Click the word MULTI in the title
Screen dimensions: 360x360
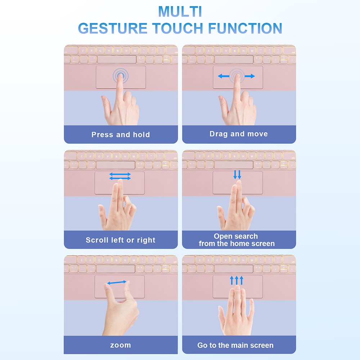tap(180, 11)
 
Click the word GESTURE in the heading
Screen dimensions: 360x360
tap(112, 28)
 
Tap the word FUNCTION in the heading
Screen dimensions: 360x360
tap(245, 28)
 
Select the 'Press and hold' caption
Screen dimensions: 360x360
tap(121, 135)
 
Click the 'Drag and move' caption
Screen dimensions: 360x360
tap(239, 134)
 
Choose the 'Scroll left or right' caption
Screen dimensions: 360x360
tap(121, 240)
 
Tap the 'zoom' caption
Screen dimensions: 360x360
tap(121, 345)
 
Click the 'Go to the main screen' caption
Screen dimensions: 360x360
tap(235, 345)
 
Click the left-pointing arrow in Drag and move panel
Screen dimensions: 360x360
tap(224, 76)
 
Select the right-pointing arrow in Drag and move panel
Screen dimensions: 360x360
tap(250, 76)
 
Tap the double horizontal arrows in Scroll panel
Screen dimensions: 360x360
tap(120, 176)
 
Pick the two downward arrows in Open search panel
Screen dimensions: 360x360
tap(237, 175)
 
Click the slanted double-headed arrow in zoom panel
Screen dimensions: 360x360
tap(117, 282)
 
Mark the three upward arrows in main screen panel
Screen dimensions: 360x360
tap(237, 280)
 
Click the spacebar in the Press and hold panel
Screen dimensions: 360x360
tap(117, 59)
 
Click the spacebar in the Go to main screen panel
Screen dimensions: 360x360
tap(234, 269)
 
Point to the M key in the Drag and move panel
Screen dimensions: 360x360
tap(252, 51)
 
